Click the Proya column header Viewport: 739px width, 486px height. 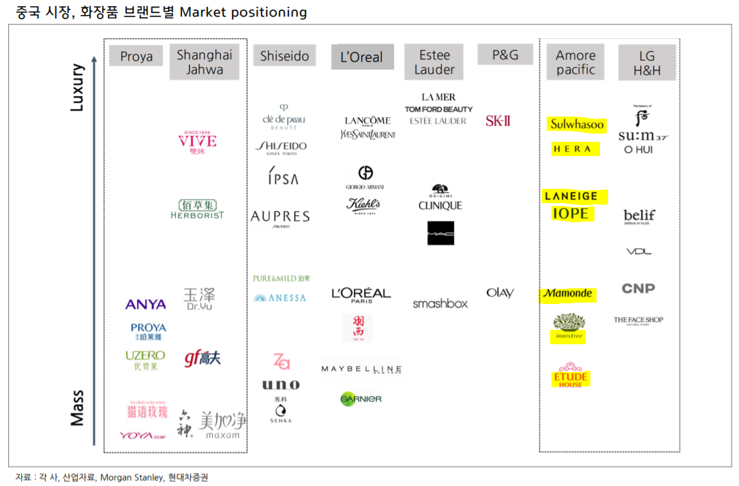click(x=136, y=57)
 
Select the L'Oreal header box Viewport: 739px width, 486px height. click(x=362, y=57)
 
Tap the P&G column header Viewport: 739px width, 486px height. click(x=505, y=55)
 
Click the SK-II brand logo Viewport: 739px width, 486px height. click(x=498, y=121)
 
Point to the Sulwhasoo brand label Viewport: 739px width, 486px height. click(x=577, y=125)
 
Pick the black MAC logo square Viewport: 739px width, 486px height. click(x=440, y=233)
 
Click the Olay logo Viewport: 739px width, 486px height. click(x=500, y=293)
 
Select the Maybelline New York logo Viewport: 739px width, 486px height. click(x=361, y=369)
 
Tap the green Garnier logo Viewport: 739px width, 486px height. click(x=361, y=399)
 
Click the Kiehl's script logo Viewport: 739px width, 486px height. click(x=363, y=204)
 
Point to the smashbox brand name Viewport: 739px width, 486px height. click(x=440, y=303)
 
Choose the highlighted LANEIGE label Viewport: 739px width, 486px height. click(x=571, y=196)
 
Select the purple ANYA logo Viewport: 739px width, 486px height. click(x=146, y=305)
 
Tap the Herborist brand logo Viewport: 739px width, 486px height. click(x=197, y=209)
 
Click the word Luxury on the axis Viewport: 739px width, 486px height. click(x=77, y=87)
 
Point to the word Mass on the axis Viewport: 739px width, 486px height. click(x=77, y=408)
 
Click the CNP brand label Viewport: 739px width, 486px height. click(x=638, y=288)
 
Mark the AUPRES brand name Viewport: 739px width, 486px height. click(x=280, y=217)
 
